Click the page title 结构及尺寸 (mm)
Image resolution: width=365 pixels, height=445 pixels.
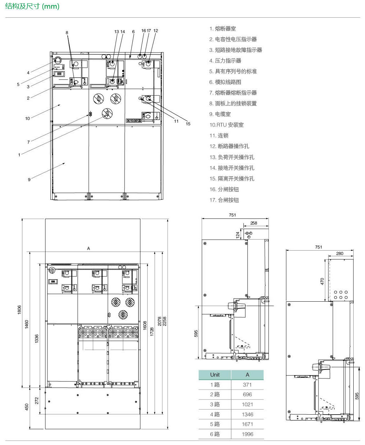[32, 6]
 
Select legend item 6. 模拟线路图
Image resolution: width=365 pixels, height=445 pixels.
[225, 82]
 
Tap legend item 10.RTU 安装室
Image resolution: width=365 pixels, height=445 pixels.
[226, 125]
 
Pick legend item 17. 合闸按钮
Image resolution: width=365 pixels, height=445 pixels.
[224, 200]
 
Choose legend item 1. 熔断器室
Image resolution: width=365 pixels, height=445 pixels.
[222, 28]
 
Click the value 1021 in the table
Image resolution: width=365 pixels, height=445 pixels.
[247, 404]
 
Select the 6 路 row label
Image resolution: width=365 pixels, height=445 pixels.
[215, 434]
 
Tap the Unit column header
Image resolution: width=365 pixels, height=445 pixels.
[215, 375]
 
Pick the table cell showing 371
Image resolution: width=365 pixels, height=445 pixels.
[247, 385]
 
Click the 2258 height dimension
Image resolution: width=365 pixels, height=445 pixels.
[165, 321]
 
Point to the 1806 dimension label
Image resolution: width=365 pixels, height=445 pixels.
[19, 310]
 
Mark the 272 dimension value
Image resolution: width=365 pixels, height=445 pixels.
[37, 401]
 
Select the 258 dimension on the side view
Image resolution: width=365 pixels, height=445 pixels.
[253, 223]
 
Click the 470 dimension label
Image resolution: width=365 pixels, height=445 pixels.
[322, 281]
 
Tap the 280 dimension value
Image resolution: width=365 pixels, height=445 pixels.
[340, 253]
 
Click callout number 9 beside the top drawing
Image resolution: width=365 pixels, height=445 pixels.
[29, 179]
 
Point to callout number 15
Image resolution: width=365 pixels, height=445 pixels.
[188, 124]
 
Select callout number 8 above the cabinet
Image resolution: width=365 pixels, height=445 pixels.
[67, 32]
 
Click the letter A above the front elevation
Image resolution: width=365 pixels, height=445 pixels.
[88, 248]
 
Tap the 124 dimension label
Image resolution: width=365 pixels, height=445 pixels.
[238, 235]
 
